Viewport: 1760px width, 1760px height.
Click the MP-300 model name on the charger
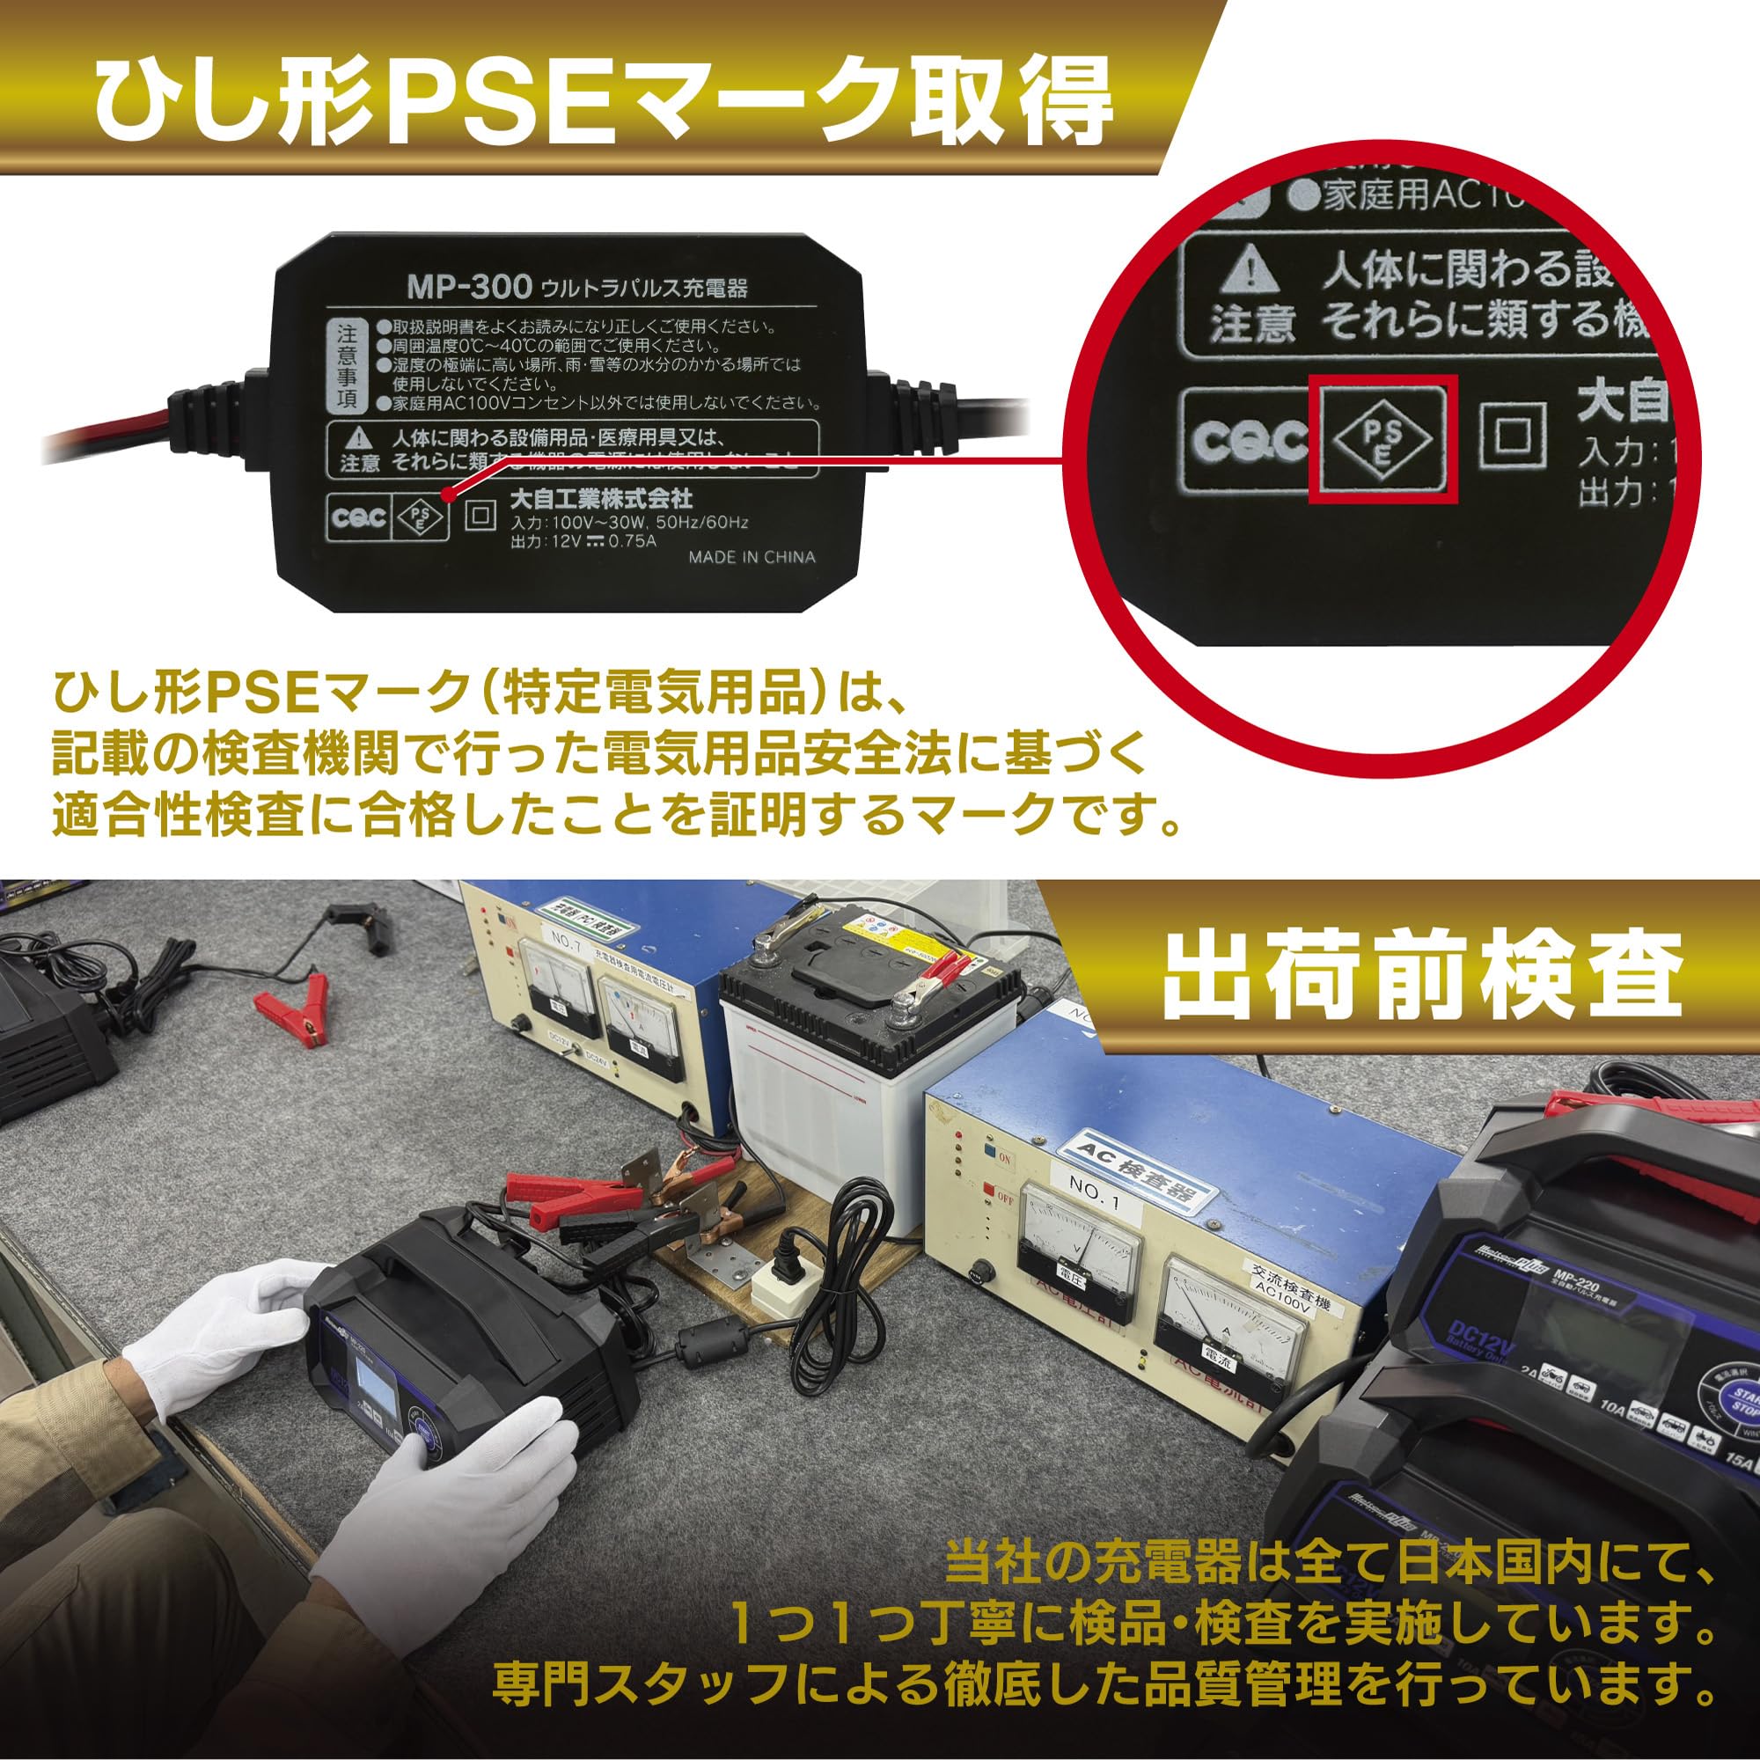(468, 288)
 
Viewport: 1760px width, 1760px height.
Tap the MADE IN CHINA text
(752, 558)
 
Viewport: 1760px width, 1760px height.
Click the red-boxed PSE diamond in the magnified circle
(1382, 438)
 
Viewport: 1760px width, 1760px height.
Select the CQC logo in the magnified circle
(1249, 441)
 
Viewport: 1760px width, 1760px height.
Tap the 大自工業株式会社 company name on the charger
(600, 498)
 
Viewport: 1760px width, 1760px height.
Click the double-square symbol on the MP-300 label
(480, 517)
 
